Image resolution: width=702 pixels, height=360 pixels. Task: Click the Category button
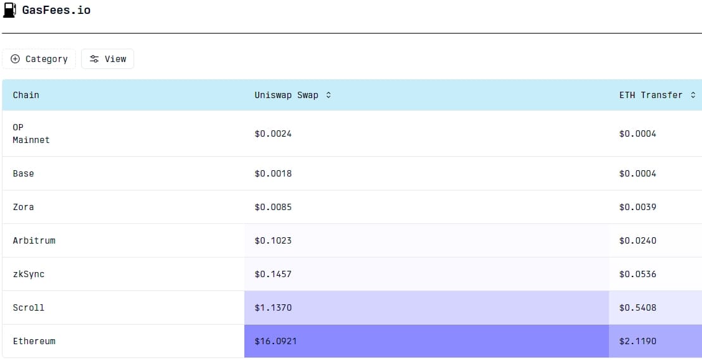(x=39, y=59)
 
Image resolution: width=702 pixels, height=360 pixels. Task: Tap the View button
(x=108, y=59)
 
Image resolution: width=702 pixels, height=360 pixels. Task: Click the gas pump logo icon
(x=9, y=10)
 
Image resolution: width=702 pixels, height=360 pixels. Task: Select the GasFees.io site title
(x=56, y=10)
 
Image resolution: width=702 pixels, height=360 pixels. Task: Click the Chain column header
(x=26, y=95)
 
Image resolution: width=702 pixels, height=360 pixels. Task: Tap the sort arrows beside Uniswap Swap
(x=328, y=95)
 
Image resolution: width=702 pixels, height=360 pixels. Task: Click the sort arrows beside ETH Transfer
(x=693, y=95)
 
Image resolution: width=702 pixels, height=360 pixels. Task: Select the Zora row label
(x=23, y=207)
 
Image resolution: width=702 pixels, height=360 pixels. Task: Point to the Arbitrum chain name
(x=34, y=240)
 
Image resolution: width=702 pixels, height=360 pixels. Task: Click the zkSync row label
(x=28, y=274)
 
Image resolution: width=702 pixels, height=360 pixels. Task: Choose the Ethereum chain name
(x=34, y=341)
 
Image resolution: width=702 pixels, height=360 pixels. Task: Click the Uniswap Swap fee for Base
(x=273, y=173)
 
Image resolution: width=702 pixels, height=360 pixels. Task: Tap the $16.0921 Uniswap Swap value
(x=275, y=341)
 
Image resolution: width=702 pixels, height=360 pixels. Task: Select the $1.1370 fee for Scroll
(x=273, y=307)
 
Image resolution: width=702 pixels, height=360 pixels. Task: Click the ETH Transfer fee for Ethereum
(x=637, y=341)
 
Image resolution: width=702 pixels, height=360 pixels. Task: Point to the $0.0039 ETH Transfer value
(x=637, y=207)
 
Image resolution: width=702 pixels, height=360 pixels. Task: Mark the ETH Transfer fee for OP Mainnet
(x=637, y=133)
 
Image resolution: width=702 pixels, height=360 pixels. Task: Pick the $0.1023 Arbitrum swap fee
(x=273, y=240)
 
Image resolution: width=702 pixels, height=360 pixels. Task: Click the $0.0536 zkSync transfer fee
(x=637, y=274)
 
